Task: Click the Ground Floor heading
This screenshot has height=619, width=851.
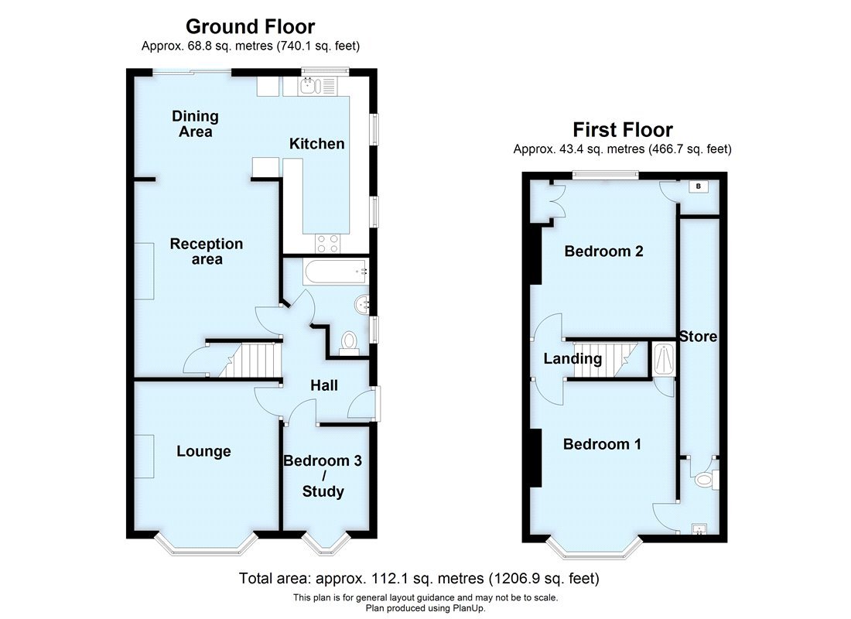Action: click(250, 27)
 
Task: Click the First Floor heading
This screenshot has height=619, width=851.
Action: click(622, 129)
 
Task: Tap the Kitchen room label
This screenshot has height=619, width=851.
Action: click(316, 144)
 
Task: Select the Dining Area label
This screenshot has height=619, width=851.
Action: click(195, 124)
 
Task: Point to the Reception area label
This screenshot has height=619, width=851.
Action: click(207, 251)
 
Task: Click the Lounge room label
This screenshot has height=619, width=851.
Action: click(203, 451)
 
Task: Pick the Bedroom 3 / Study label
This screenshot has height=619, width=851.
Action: click(323, 476)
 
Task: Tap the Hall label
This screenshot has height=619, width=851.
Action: click(324, 385)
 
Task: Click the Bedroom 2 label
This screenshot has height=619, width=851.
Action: click(603, 251)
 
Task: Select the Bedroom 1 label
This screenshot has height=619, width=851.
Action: click(602, 444)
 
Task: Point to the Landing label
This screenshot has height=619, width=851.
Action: click(572, 359)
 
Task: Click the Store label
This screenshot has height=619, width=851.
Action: click(698, 337)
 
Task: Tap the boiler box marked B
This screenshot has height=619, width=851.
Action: click(699, 186)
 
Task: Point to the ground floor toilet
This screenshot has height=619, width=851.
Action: click(349, 341)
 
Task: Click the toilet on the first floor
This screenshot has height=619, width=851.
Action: click(705, 480)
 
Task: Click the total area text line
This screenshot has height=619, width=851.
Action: click(419, 578)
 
